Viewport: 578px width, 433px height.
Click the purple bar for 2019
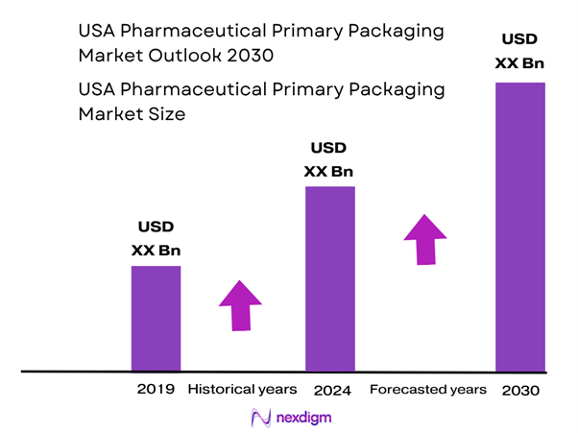click(156, 318)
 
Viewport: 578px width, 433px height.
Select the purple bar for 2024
click(329, 278)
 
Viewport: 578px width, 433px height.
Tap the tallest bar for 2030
click(519, 227)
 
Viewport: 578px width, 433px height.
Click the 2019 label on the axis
click(156, 390)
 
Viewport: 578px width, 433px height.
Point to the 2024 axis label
click(332, 391)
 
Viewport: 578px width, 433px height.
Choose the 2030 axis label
click(520, 391)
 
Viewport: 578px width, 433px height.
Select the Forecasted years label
click(427, 390)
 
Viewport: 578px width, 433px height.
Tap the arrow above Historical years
click(240, 305)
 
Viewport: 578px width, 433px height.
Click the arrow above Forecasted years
click(424, 238)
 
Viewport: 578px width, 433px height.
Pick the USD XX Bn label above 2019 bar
click(156, 239)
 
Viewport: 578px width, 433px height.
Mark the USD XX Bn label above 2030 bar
click(519, 53)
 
